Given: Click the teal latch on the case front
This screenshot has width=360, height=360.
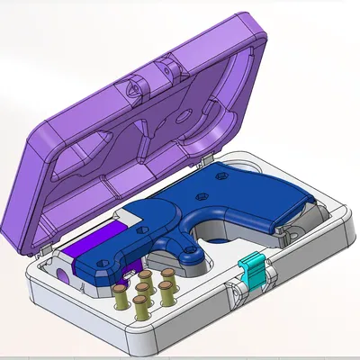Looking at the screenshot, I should tap(254, 267).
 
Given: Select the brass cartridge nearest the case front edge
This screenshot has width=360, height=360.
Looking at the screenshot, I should tap(142, 309).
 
